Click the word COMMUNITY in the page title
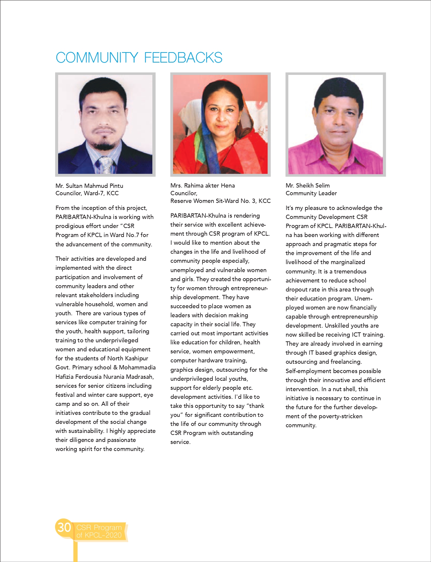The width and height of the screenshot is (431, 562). pos(97,58)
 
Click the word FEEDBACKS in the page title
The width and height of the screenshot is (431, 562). pos(183,58)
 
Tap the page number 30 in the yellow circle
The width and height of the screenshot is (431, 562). pos(64,527)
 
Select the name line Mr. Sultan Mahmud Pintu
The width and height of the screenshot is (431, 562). pos(89,186)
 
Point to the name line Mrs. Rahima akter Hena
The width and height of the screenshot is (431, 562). pos(202,185)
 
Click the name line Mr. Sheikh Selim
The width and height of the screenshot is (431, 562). pos(307,185)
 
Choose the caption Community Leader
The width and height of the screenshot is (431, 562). pos(311,193)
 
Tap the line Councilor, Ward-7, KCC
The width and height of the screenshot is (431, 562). pos(87,193)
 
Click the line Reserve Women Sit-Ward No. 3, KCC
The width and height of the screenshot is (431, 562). pos(220,201)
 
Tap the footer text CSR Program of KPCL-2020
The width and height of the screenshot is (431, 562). pos(99,531)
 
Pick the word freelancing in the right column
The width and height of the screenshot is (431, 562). pos(346,362)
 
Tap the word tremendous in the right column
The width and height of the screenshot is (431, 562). pos(350,271)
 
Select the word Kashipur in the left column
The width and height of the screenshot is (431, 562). pos(136,358)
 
